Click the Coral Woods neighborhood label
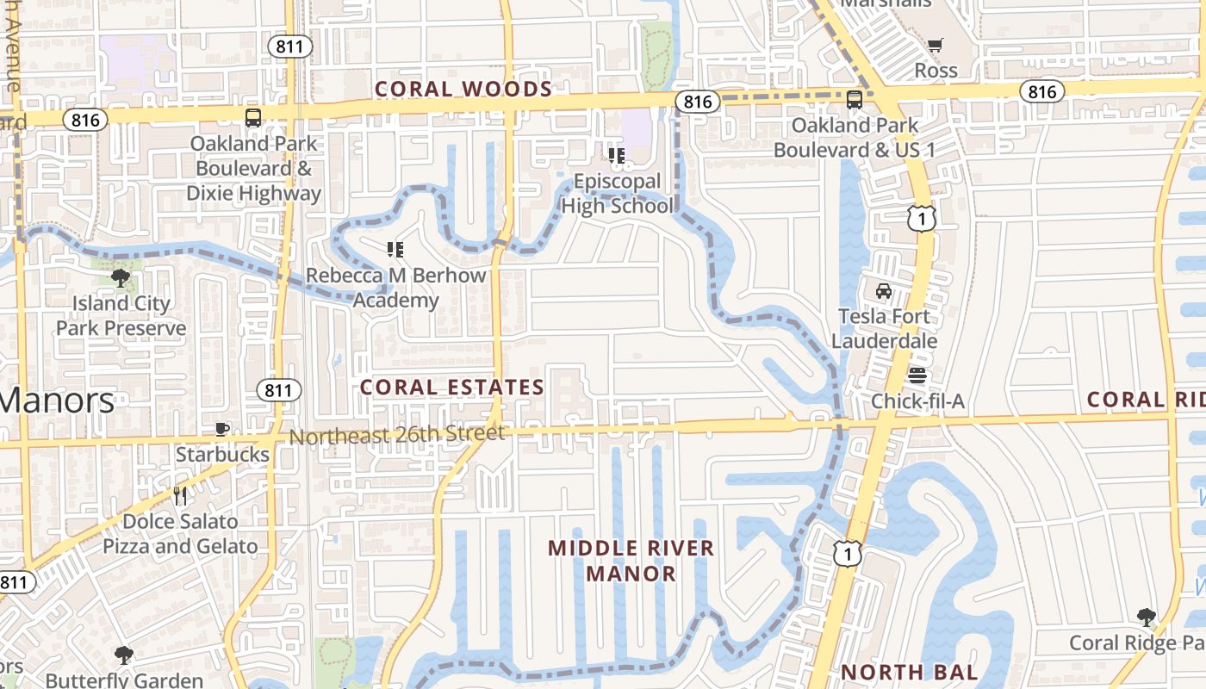click(x=463, y=90)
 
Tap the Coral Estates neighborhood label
click(x=452, y=388)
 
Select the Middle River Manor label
click(x=631, y=560)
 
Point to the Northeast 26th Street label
click(x=396, y=435)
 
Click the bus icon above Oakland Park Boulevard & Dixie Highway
click(x=252, y=118)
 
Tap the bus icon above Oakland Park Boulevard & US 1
click(x=854, y=100)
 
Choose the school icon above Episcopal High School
click(x=617, y=156)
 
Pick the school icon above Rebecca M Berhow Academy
click(x=395, y=251)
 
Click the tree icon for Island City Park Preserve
click(x=121, y=277)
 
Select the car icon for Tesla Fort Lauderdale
click(x=883, y=291)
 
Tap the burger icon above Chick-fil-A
click(x=917, y=376)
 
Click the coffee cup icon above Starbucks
click(x=222, y=429)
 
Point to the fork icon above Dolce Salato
click(x=180, y=496)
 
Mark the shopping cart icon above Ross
click(x=936, y=45)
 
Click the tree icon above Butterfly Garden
click(x=124, y=655)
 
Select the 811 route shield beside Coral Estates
click(x=279, y=390)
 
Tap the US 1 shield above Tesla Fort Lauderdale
click(x=921, y=219)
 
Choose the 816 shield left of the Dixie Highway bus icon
click(x=85, y=120)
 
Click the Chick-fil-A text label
click(x=917, y=401)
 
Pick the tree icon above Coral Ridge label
click(x=1146, y=617)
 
